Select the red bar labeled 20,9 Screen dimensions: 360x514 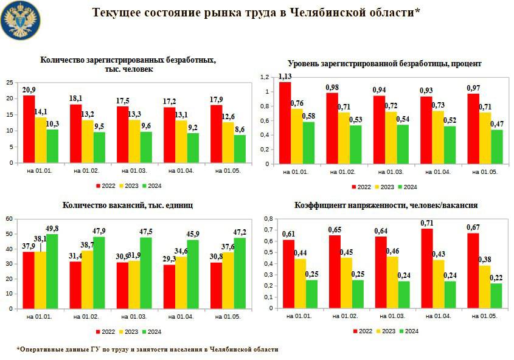tap(29, 129)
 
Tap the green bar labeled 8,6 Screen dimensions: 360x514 tap(240, 148)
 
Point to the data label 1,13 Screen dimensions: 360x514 tap(285, 76)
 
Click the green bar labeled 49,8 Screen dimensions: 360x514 tap(52, 271)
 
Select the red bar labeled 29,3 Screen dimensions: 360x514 tap(170, 286)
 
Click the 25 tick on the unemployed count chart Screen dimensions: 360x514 tap(9, 82)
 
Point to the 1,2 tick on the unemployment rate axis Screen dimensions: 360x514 tap(264, 77)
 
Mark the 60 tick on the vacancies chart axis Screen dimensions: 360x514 tap(9, 218)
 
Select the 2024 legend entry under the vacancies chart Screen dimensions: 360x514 tap(155, 331)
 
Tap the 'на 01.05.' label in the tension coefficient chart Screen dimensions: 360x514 tap(484, 317)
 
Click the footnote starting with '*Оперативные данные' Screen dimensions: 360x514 tap(147, 350)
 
